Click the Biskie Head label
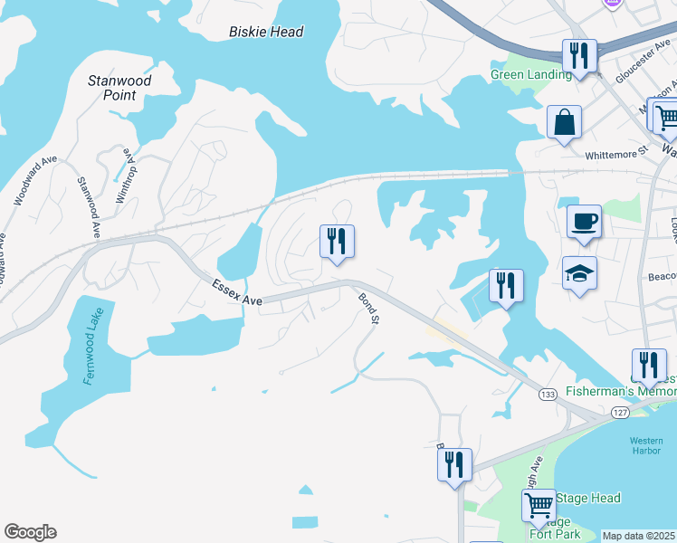(265, 32)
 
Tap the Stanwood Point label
(119, 88)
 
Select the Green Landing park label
(531, 75)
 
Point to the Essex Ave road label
(236, 292)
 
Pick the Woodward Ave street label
(35, 181)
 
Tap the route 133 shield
(548, 394)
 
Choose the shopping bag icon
(564, 122)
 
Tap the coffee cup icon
(584, 221)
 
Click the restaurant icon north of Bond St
(337, 242)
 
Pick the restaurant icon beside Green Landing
(577, 55)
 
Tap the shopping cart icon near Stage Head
(539, 504)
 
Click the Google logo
(30, 532)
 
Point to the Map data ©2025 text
(639, 536)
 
